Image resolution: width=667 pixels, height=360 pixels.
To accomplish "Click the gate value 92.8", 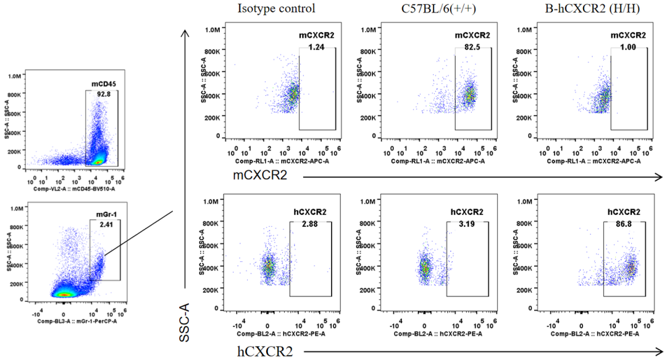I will (101, 94).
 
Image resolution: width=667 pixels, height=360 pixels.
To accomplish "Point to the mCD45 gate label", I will (101, 83).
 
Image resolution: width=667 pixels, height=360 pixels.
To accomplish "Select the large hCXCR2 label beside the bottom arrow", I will (261, 351).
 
